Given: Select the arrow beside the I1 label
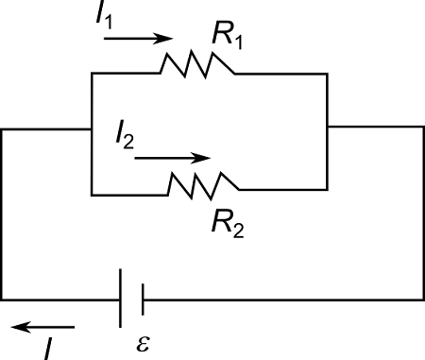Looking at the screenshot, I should click(x=147, y=40).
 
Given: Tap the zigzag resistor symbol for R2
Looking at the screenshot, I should click(x=204, y=183).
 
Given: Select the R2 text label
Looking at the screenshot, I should click(x=228, y=226).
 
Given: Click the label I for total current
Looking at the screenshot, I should click(x=47, y=348).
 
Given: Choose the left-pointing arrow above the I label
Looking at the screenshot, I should click(x=36, y=327).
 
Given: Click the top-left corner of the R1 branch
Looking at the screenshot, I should click(x=91, y=73).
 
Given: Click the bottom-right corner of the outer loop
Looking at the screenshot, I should click(x=420, y=300).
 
